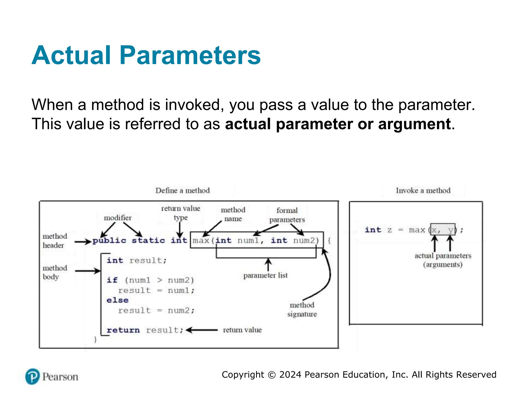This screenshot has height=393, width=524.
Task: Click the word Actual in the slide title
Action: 71,56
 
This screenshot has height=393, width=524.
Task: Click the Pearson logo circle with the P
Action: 32,376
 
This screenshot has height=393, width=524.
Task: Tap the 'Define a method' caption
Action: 182,191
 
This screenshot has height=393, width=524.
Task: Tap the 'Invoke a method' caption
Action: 423,191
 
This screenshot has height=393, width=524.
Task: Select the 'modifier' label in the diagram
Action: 117,218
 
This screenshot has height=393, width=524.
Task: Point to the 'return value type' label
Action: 181,213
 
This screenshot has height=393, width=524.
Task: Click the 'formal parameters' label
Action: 287,215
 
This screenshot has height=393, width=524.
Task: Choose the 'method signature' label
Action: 302,309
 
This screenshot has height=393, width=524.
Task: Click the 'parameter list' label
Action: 265,276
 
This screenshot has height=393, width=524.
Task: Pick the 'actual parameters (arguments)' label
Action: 443,260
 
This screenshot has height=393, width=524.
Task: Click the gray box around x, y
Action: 443,230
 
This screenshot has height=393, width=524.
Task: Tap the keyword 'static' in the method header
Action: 148,241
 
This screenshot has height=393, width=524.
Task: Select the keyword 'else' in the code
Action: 117,300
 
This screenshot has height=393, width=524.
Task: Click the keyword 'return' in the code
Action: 123,330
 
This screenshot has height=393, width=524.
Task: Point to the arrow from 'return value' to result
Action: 202,330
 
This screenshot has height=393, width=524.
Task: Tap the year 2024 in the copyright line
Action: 290,375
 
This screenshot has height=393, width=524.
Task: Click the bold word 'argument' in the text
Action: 414,124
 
